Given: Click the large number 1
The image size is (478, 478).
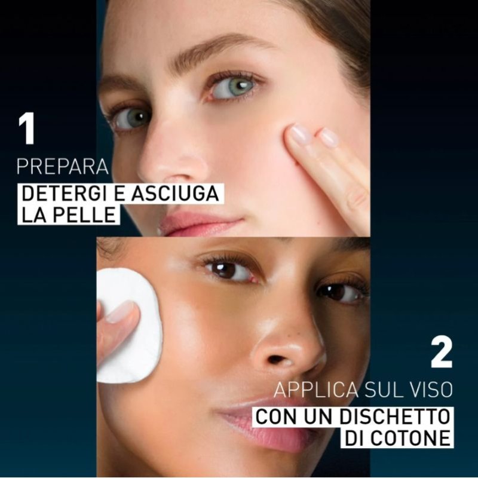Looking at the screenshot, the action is coord(26,128).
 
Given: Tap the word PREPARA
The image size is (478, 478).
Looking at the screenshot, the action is coord(63,167).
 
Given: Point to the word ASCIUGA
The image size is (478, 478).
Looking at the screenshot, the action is coord(175,193).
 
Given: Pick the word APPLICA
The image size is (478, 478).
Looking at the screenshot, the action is coord(316,390).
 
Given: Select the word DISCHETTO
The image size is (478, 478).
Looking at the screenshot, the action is coord(395,416).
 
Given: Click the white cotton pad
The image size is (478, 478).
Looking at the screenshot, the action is coord(130,326).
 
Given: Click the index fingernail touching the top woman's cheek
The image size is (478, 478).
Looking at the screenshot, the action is coord(301,134).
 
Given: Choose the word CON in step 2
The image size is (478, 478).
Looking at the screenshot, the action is coord(276,416).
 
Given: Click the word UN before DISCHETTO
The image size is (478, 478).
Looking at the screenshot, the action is coord(318,416).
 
